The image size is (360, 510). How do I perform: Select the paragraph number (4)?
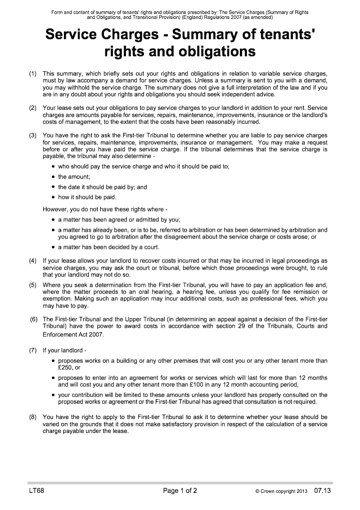coord(33,261)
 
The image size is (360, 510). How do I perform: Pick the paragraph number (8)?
coord(33,417)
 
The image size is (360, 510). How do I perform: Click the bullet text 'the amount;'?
coord(74,177)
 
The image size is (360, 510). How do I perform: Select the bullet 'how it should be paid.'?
coord(87,197)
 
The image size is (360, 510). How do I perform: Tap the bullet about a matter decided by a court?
coord(108,247)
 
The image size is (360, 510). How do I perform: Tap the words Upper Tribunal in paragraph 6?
coord(124,319)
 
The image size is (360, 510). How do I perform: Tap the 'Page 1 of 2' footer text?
coord(180,491)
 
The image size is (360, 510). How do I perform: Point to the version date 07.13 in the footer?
coord(322,491)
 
